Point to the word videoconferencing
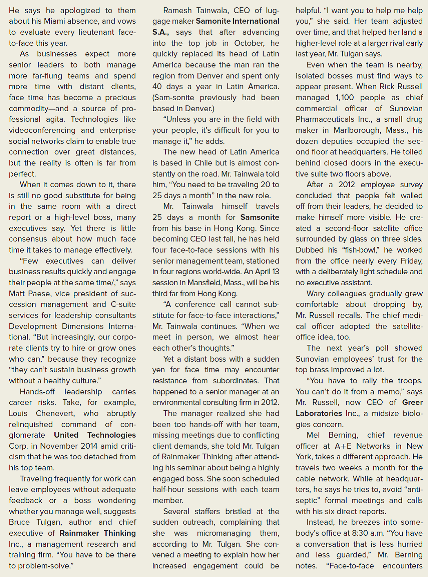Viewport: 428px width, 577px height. point(42,130)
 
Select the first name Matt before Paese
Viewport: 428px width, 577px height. point(18,294)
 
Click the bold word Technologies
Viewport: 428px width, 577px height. point(111,435)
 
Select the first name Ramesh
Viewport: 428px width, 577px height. point(178,10)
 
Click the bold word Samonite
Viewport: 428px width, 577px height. point(215,21)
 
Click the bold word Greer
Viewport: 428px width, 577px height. point(412,403)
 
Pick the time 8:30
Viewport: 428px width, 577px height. point(359,533)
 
